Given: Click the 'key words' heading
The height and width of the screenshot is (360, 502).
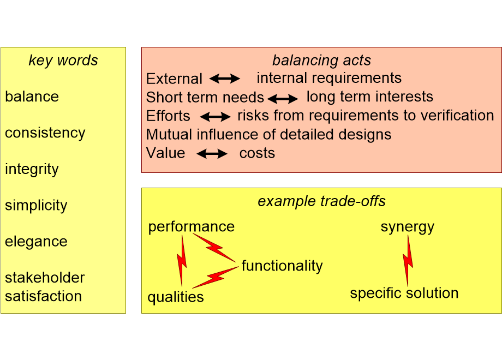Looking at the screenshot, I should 63,61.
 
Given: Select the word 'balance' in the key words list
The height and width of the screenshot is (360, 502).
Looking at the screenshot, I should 32,97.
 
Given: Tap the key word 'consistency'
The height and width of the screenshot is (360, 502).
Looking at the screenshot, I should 45,133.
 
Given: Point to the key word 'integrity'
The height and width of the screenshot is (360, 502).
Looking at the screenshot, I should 32,170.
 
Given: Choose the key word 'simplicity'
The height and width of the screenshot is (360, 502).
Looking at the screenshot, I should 36,206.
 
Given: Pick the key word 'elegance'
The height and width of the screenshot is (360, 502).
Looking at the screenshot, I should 36,242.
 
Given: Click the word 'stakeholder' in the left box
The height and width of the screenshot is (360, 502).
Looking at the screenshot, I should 45,278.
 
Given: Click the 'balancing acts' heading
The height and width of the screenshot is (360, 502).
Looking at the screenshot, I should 321,61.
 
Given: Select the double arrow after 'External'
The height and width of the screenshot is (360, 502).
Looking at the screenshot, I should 225,79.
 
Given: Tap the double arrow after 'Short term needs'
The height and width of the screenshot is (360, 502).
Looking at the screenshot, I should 283,99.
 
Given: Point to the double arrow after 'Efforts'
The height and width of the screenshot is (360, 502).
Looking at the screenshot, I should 215,117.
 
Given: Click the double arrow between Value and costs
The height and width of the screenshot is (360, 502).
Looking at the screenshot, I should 212,154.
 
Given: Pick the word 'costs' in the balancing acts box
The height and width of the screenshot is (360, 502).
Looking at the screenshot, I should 257,153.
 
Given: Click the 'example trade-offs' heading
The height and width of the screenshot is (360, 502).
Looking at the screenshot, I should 321,201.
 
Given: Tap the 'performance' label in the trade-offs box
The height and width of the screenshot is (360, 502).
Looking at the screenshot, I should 191,227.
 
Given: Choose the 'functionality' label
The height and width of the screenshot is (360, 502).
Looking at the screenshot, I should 282,266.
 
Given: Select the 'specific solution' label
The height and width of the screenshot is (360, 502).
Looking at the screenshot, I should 404,293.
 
